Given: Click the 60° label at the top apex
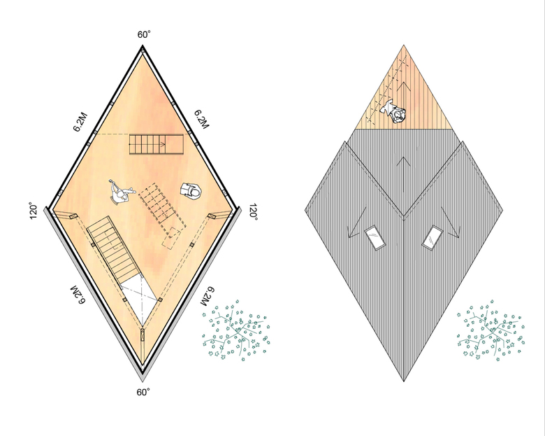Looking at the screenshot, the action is tap(144, 34).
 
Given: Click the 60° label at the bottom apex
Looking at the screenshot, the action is tap(143, 393).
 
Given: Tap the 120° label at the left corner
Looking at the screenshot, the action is tap(34, 211).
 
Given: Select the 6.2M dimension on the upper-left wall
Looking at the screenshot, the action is tap(80, 122).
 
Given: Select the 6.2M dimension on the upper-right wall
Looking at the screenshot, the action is tap(201, 120).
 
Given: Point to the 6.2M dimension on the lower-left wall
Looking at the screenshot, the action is tap(78, 295).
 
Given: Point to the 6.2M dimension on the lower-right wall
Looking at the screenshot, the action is tap(208, 297).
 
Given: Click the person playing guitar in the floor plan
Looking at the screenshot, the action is tap(122, 192).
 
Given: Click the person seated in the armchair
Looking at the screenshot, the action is tap(191, 191).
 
